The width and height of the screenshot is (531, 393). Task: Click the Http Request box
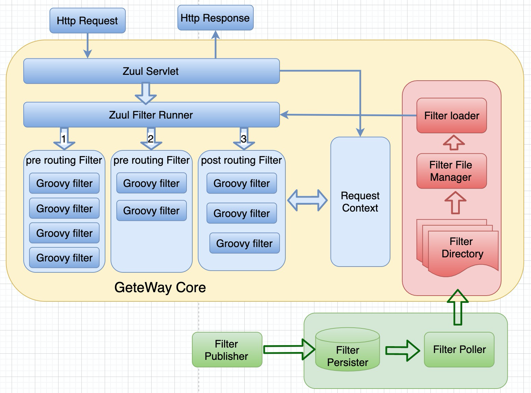pyautogui.click(x=88, y=21)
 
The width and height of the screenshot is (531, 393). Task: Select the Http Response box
pyautogui.click(x=215, y=18)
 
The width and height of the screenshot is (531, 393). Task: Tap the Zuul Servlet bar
pyautogui.click(x=151, y=71)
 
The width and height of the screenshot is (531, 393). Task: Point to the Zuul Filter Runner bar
pyautogui.click(x=151, y=115)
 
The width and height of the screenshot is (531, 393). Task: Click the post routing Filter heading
pyautogui.click(x=241, y=160)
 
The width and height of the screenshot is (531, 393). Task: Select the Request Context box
pyautogui.click(x=360, y=202)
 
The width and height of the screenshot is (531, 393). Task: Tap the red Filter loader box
pyautogui.click(x=451, y=116)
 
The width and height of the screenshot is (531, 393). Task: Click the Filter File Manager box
pyautogui.click(x=451, y=171)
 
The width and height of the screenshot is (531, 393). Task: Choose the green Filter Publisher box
pyautogui.click(x=227, y=350)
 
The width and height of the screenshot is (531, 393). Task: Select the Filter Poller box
pyautogui.click(x=459, y=350)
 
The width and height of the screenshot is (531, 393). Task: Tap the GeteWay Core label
pyautogui.click(x=160, y=287)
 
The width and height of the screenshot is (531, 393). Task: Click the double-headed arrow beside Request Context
pyautogui.click(x=307, y=200)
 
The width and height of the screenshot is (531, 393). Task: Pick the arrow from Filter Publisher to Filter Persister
pyautogui.click(x=289, y=349)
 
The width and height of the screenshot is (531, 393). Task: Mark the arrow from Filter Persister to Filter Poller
pyautogui.click(x=402, y=350)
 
